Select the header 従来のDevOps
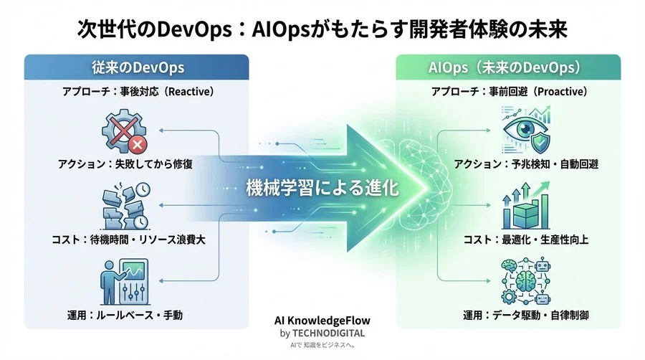(x=138, y=67)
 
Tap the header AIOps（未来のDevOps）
(x=509, y=67)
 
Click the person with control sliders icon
(x=123, y=283)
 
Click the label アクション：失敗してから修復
(x=125, y=164)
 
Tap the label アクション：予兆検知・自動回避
(x=526, y=164)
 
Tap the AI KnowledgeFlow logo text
(x=322, y=321)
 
